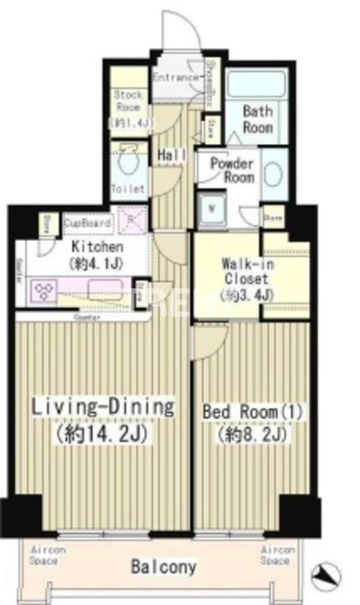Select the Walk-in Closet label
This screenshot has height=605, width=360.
pyautogui.click(x=245, y=278)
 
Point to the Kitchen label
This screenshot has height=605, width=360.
pyautogui.click(x=97, y=254)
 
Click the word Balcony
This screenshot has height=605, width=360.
pyautogui.click(x=163, y=568)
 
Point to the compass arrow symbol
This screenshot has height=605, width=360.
pyautogui.click(x=326, y=573)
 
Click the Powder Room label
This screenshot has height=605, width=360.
pyautogui.click(x=231, y=170)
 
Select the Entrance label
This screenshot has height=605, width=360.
pyautogui.click(x=176, y=77)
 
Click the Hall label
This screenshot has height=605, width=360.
pyautogui.click(x=172, y=155)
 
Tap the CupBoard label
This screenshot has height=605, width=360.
pyautogui.click(x=87, y=223)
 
